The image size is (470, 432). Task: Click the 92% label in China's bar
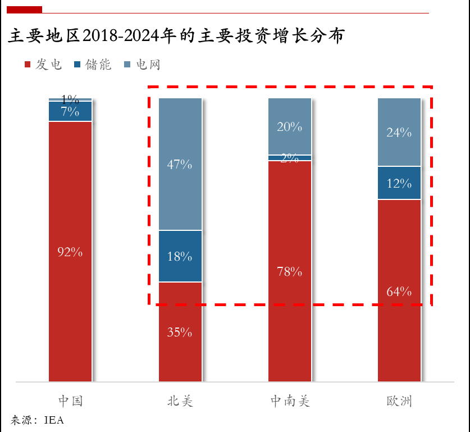[70, 252]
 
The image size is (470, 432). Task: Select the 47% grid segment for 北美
[180, 165]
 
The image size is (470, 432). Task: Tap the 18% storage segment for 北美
[180, 256]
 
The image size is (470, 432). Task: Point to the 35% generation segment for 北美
[180, 332]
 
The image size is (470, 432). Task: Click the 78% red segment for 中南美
[290, 272]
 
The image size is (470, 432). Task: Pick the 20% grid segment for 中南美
[290, 126]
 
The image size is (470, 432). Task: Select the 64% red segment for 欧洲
[399, 291]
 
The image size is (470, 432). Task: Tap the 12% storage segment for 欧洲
[399, 183]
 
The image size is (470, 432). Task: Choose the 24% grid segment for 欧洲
[399, 133]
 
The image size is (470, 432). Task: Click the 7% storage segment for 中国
[70, 111]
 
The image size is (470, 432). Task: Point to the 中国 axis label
[70, 401]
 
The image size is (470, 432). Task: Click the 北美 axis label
[180, 401]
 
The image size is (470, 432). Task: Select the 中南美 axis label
[290, 401]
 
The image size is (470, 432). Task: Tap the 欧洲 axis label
[399, 401]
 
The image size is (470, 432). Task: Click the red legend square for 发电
[28, 65]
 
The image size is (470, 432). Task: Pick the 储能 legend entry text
[98, 65]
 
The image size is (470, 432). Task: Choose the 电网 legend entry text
[147, 65]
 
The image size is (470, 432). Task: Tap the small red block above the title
[24, 10]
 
